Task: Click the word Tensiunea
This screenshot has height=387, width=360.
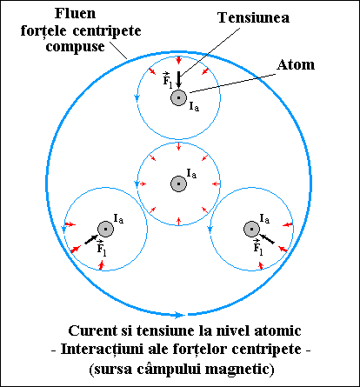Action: pos(253,17)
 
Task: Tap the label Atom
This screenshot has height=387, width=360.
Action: pos(296,64)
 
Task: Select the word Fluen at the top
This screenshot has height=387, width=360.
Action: pos(75,13)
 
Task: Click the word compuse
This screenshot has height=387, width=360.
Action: pos(75,47)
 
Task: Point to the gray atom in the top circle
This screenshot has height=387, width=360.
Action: pos(178,97)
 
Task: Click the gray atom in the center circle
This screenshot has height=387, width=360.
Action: pos(178,183)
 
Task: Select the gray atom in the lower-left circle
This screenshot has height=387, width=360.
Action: pos(105,229)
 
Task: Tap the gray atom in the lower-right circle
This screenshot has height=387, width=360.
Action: pos(251,229)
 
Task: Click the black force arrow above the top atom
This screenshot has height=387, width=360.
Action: pos(179,80)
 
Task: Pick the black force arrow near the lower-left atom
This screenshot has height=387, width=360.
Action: pos(91,239)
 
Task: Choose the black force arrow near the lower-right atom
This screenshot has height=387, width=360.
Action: pos(266,238)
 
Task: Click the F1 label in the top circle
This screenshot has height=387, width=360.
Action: pos(167,79)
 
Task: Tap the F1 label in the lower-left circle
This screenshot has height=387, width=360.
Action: pos(102,248)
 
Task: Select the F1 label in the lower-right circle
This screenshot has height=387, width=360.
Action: pos(257,247)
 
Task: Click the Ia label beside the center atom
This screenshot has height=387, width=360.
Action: pos(191,174)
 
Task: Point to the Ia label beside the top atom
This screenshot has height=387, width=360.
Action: pos(194,106)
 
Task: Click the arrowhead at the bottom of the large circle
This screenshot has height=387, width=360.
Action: pos(180,315)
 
